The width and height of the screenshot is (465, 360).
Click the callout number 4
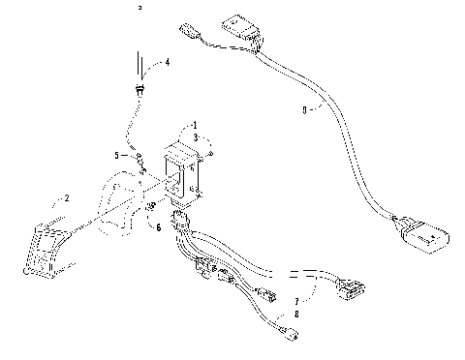click(x=167, y=62)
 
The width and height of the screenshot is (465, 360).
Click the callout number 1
click(x=194, y=126)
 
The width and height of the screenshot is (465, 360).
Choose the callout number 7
click(x=296, y=302)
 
